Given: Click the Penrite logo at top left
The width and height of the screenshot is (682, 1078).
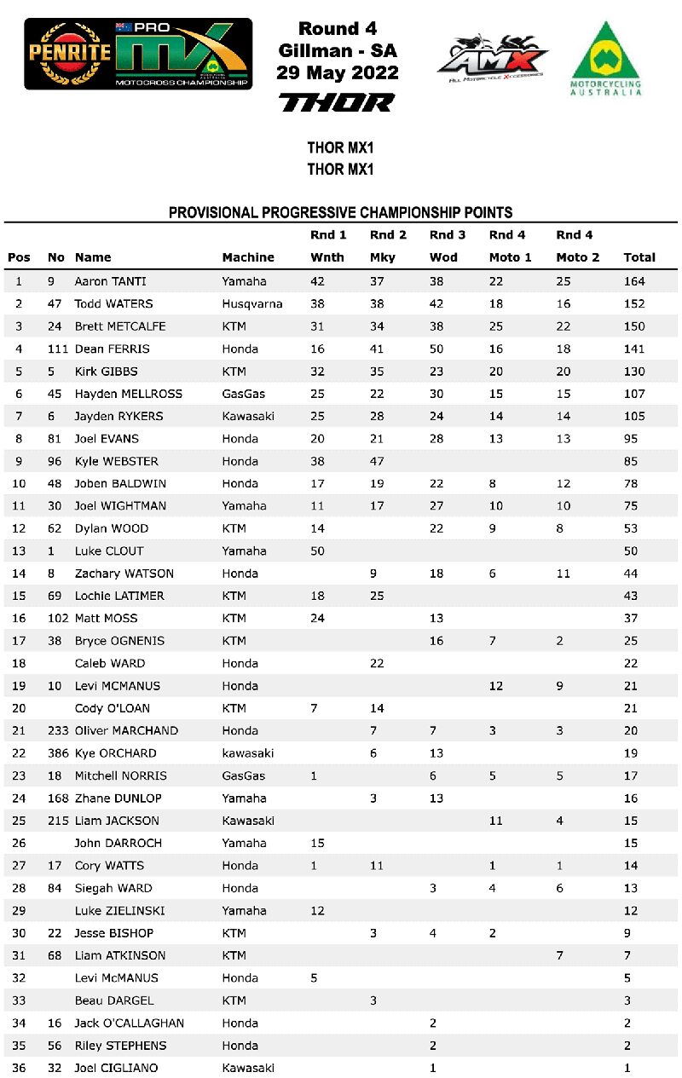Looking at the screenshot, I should point(70,52).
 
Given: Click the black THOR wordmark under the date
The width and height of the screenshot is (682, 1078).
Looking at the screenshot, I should point(338,103).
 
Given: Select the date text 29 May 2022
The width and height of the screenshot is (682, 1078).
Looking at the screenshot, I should point(338,73).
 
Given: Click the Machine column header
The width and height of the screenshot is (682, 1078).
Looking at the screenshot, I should point(248,257).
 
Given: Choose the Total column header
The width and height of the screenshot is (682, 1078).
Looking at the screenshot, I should point(639,257).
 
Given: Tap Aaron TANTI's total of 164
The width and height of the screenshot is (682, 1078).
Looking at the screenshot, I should point(634,281).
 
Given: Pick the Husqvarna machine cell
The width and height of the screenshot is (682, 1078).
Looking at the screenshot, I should point(252,303).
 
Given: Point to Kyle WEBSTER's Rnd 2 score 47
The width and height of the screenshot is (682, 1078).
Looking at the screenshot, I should point(377,461).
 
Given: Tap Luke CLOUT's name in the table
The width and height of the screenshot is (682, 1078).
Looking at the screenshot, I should point(109,551).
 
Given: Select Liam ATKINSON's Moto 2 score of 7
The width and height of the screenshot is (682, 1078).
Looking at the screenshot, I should point(560,955).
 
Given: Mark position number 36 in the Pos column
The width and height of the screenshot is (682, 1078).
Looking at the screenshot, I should point(19,1068).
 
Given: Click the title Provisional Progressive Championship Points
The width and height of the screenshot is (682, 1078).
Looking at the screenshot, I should point(340,212).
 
